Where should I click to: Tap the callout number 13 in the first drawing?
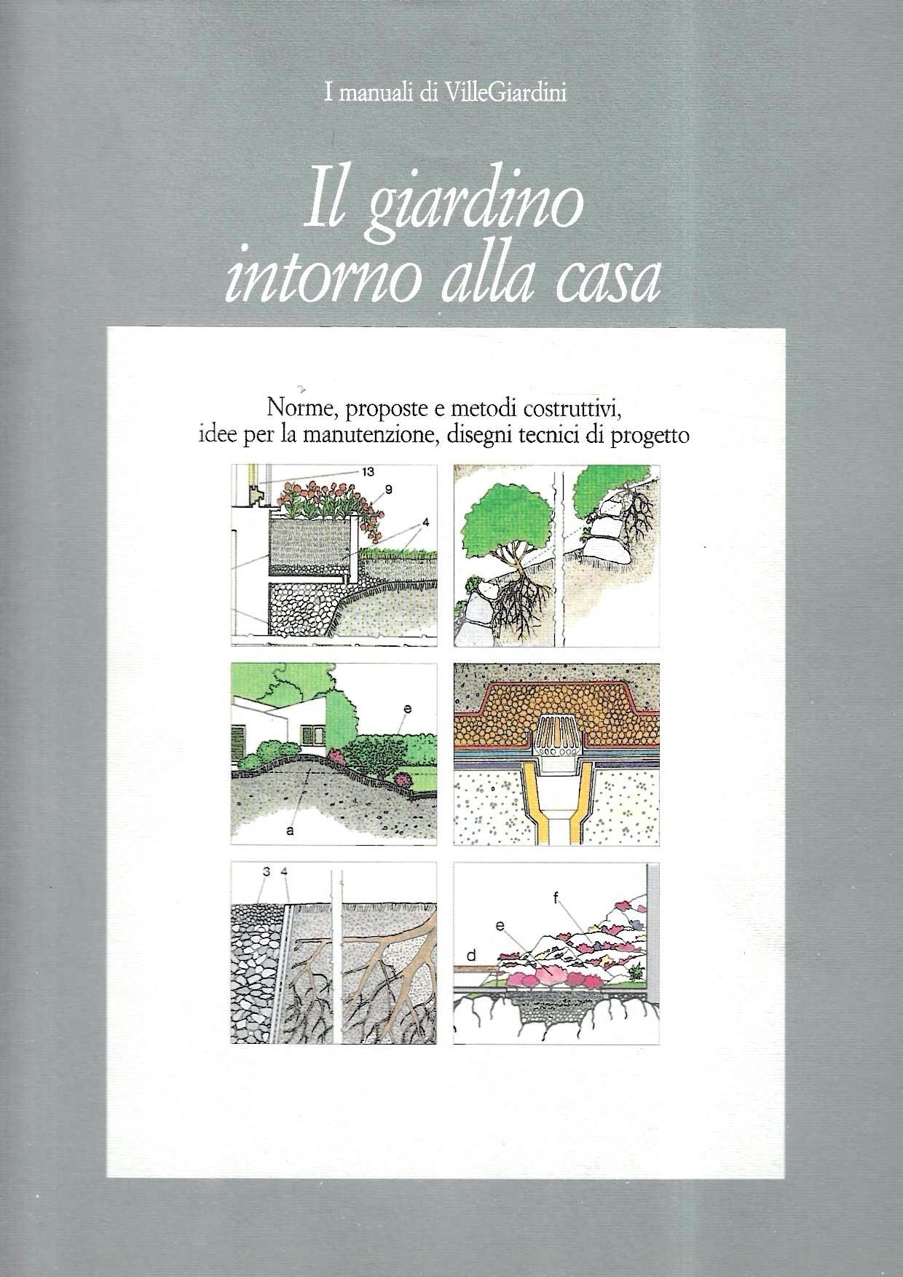[x=366, y=471]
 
